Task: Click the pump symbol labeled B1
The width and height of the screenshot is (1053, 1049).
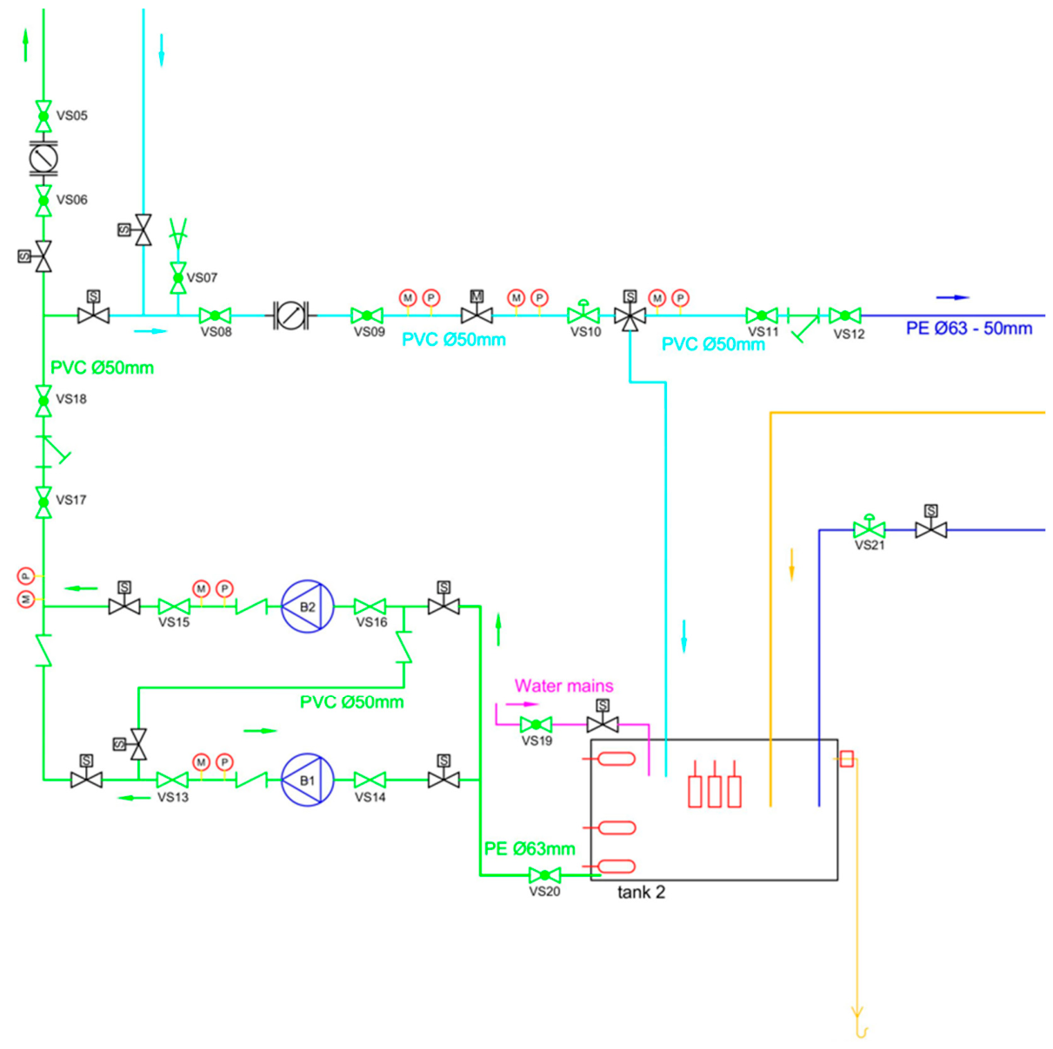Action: point(307,780)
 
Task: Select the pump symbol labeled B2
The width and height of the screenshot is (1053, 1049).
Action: point(307,607)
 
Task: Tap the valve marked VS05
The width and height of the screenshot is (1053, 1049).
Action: point(43,116)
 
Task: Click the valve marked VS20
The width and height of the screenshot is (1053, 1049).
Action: point(544,875)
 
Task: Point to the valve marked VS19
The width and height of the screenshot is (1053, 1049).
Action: point(536,725)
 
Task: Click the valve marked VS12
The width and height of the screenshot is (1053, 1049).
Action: point(844,315)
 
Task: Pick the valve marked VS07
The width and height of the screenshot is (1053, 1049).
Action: point(178,278)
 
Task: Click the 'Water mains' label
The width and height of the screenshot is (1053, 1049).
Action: point(563,686)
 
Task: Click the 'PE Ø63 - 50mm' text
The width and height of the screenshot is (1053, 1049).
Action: point(969,329)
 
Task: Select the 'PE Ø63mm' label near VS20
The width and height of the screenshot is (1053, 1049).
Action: point(529,848)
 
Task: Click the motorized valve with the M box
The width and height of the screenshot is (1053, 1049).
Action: point(477,310)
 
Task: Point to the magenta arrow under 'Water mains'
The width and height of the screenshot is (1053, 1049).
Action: point(523,704)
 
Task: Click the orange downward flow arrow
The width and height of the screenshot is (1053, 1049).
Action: point(791,564)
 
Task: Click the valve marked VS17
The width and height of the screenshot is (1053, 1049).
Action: point(43,502)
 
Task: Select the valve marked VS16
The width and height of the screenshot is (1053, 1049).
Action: point(370,607)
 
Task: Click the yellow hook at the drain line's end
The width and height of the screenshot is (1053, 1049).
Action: point(861,1032)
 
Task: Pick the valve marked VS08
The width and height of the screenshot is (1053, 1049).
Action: point(215,315)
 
